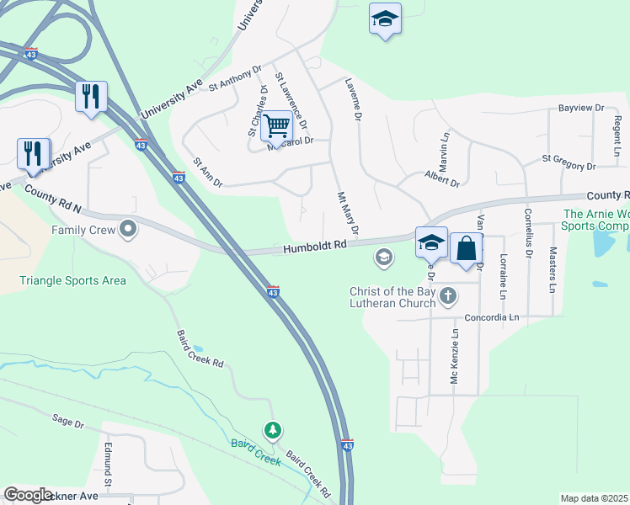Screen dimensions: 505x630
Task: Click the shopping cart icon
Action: coord(276,126)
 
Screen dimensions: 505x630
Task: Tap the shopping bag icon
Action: coord(467,249)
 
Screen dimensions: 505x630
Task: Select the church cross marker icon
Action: coord(448,295)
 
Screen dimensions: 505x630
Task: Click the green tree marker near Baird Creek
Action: coord(272,431)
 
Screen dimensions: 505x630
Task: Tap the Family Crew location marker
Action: coord(128,229)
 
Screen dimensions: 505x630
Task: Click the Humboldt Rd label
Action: coord(315,247)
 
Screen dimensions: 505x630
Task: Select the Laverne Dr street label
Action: coord(351,100)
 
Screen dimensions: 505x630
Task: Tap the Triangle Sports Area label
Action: coord(73,280)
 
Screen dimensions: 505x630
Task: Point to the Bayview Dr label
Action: coord(582,109)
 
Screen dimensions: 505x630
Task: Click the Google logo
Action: coord(29,495)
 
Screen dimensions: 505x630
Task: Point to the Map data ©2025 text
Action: coord(594,498)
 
